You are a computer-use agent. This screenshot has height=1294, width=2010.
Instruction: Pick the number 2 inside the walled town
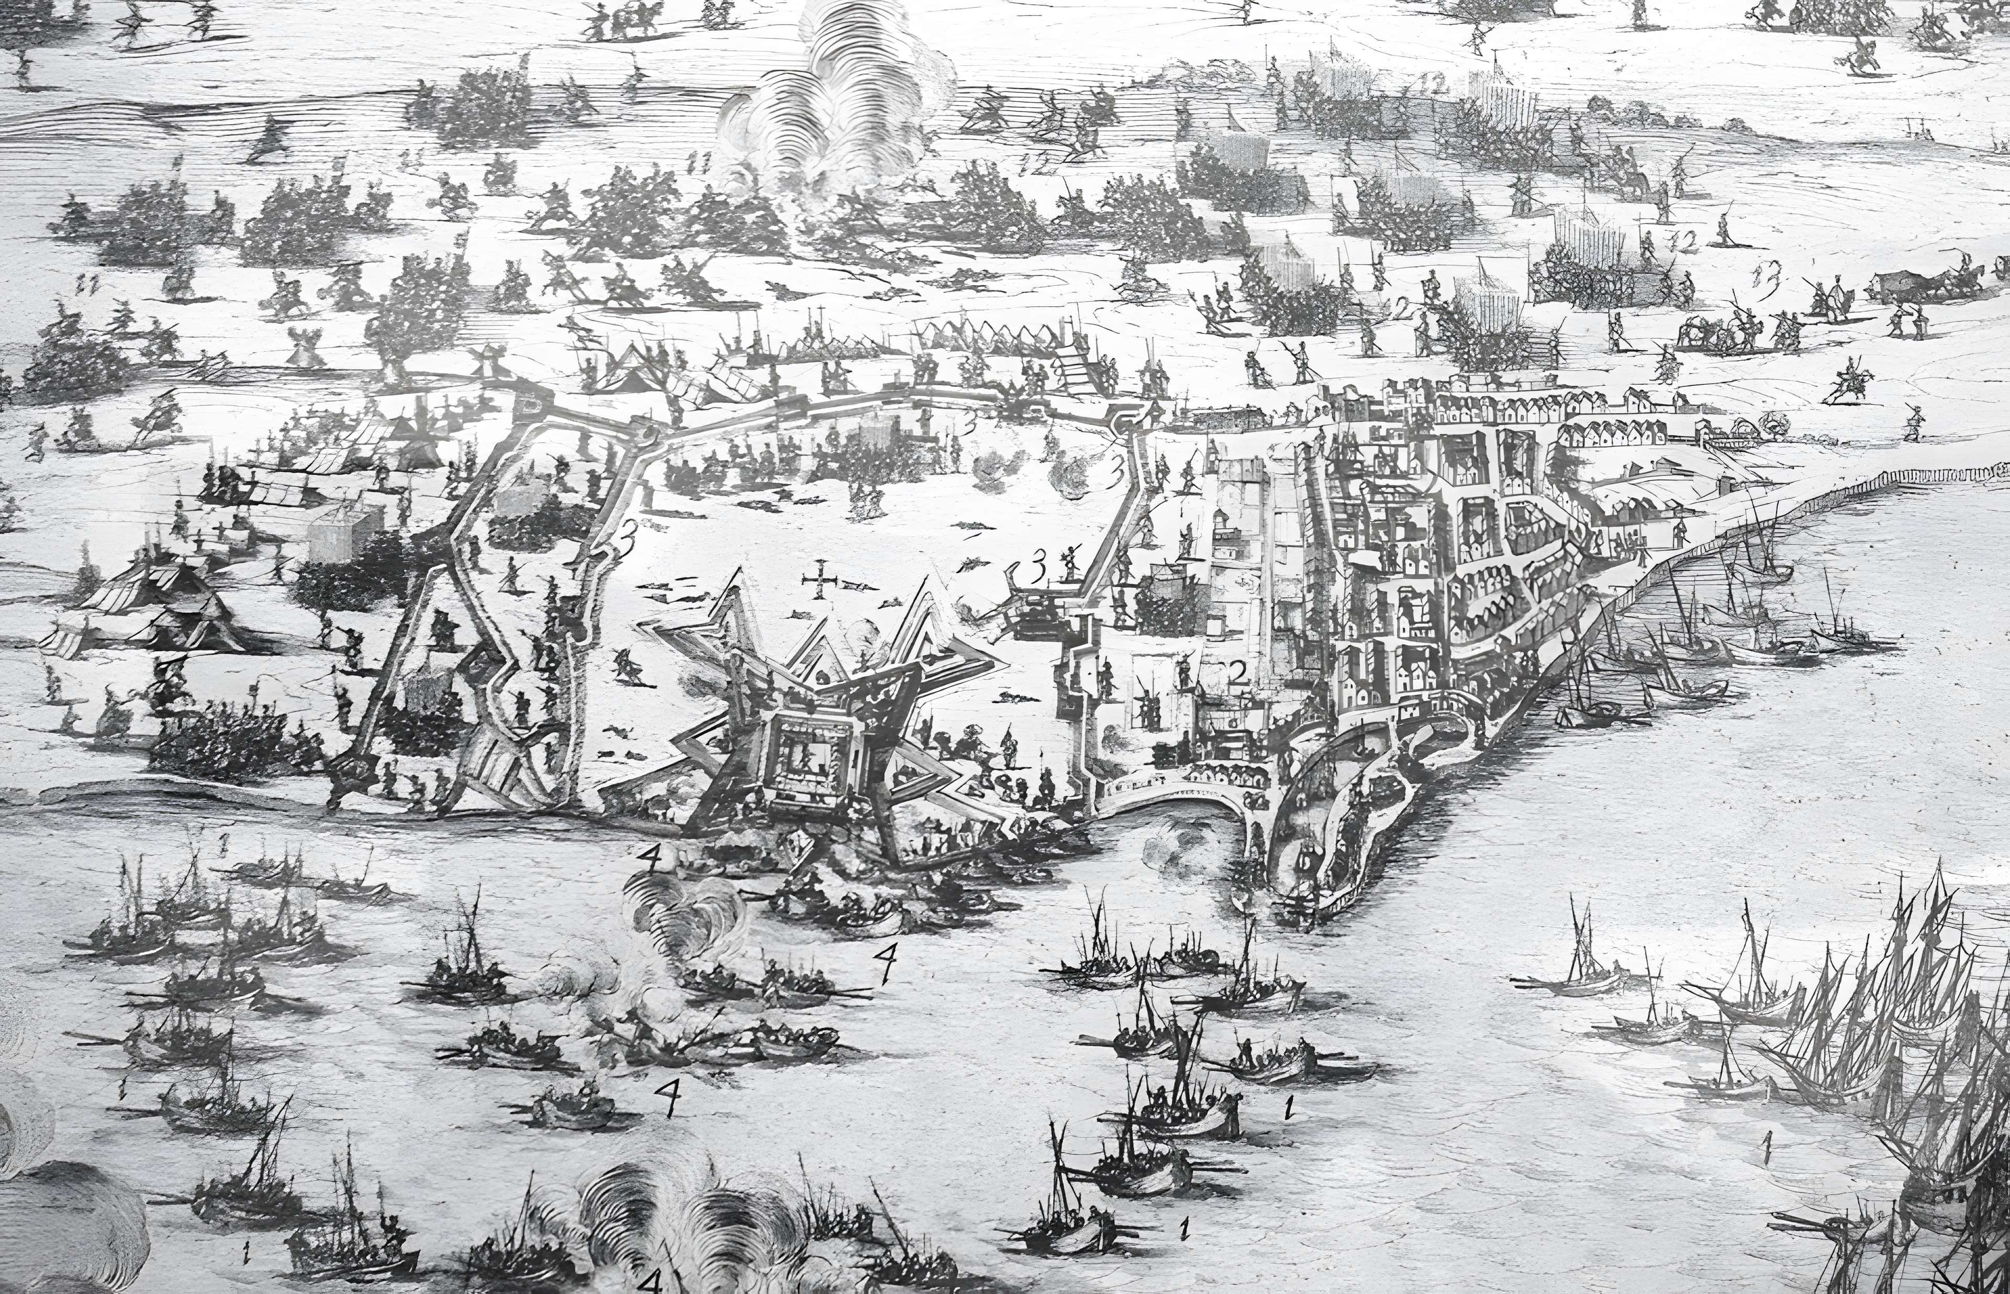[x=1235, y=672]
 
